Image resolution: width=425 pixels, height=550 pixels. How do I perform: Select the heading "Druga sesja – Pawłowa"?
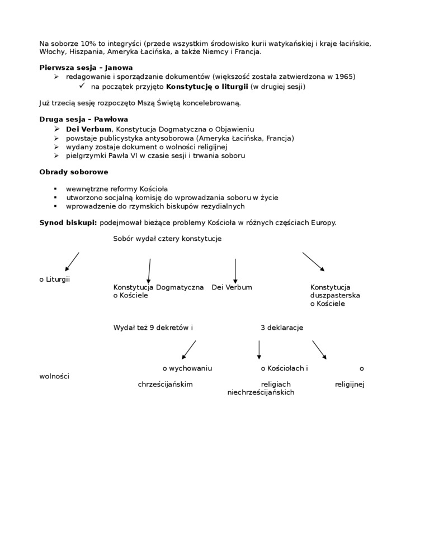[x=83, y=120]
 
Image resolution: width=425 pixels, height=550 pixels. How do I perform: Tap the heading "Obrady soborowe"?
[x=73, y=172]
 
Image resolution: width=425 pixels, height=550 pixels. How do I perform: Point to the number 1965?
[x=344, y=77]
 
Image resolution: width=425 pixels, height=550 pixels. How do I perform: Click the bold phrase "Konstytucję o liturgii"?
[x=207, y=87]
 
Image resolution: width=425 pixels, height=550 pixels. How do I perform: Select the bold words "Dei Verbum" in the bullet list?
[x=88, y=129]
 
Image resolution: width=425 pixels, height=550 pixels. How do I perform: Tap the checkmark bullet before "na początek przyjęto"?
[x=81, y=86]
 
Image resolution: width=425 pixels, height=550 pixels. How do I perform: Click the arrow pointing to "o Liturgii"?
[x=72, y=262]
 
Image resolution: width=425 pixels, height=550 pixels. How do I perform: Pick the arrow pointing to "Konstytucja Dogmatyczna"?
[x=149, y=271]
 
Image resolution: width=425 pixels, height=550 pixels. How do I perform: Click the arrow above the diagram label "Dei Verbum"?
[x=235, y=271]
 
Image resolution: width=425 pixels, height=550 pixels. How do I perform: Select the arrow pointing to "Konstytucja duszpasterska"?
[x=314, y=262]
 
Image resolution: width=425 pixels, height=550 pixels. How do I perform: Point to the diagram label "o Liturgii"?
[x=54, y=279]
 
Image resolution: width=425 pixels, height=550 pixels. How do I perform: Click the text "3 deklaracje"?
[x=282, y=328]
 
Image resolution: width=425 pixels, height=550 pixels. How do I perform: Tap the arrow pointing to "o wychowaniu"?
[x=189, y=349]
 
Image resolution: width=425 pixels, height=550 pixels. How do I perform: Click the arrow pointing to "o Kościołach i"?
[x=259, y=349]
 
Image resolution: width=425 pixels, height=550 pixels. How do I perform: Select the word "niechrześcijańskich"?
[x=261, y=392]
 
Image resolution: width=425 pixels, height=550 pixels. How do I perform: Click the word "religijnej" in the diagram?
[x=350, y=385]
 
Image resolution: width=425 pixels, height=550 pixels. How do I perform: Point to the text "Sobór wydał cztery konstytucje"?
[x=167, y=239]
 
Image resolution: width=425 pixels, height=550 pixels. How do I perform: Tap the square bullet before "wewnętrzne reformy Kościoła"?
[x=55, y=189]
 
